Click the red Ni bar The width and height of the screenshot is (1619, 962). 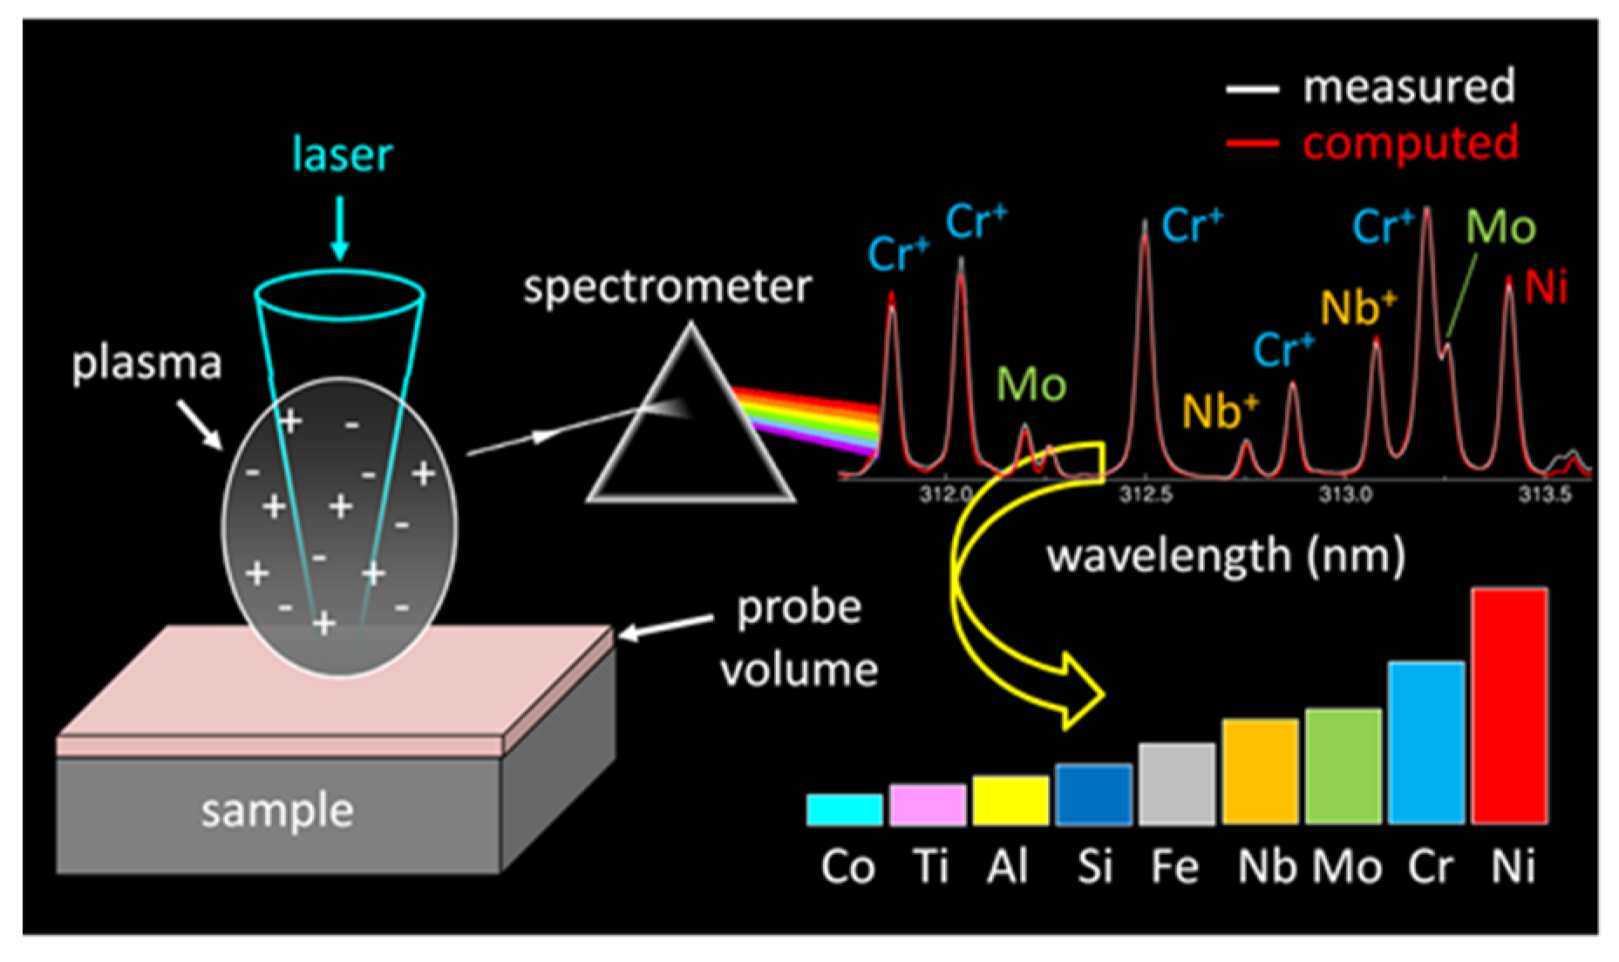click(1509, 706)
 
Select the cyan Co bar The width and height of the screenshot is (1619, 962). click(844, 810)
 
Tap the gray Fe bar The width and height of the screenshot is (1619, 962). click(1176, 784)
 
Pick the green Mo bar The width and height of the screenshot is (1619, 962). click(1343, 767)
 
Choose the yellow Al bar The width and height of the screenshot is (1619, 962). click(1010, 801)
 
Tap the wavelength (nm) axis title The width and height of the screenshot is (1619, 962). click(1226, 555)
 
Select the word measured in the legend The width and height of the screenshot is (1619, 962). click(1409, 87)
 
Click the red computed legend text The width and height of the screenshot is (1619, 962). click(1411, 143)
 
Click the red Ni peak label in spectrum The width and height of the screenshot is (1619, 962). click(1546, 288)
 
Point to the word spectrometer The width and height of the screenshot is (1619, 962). click(667, 287)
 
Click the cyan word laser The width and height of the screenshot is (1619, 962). click(342, 154)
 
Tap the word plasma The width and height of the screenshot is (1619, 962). click(146, 362)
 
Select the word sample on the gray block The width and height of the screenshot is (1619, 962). click(277, 810)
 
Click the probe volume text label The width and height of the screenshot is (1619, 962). click(799, 639)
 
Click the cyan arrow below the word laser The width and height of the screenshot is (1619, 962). click(340, 228)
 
